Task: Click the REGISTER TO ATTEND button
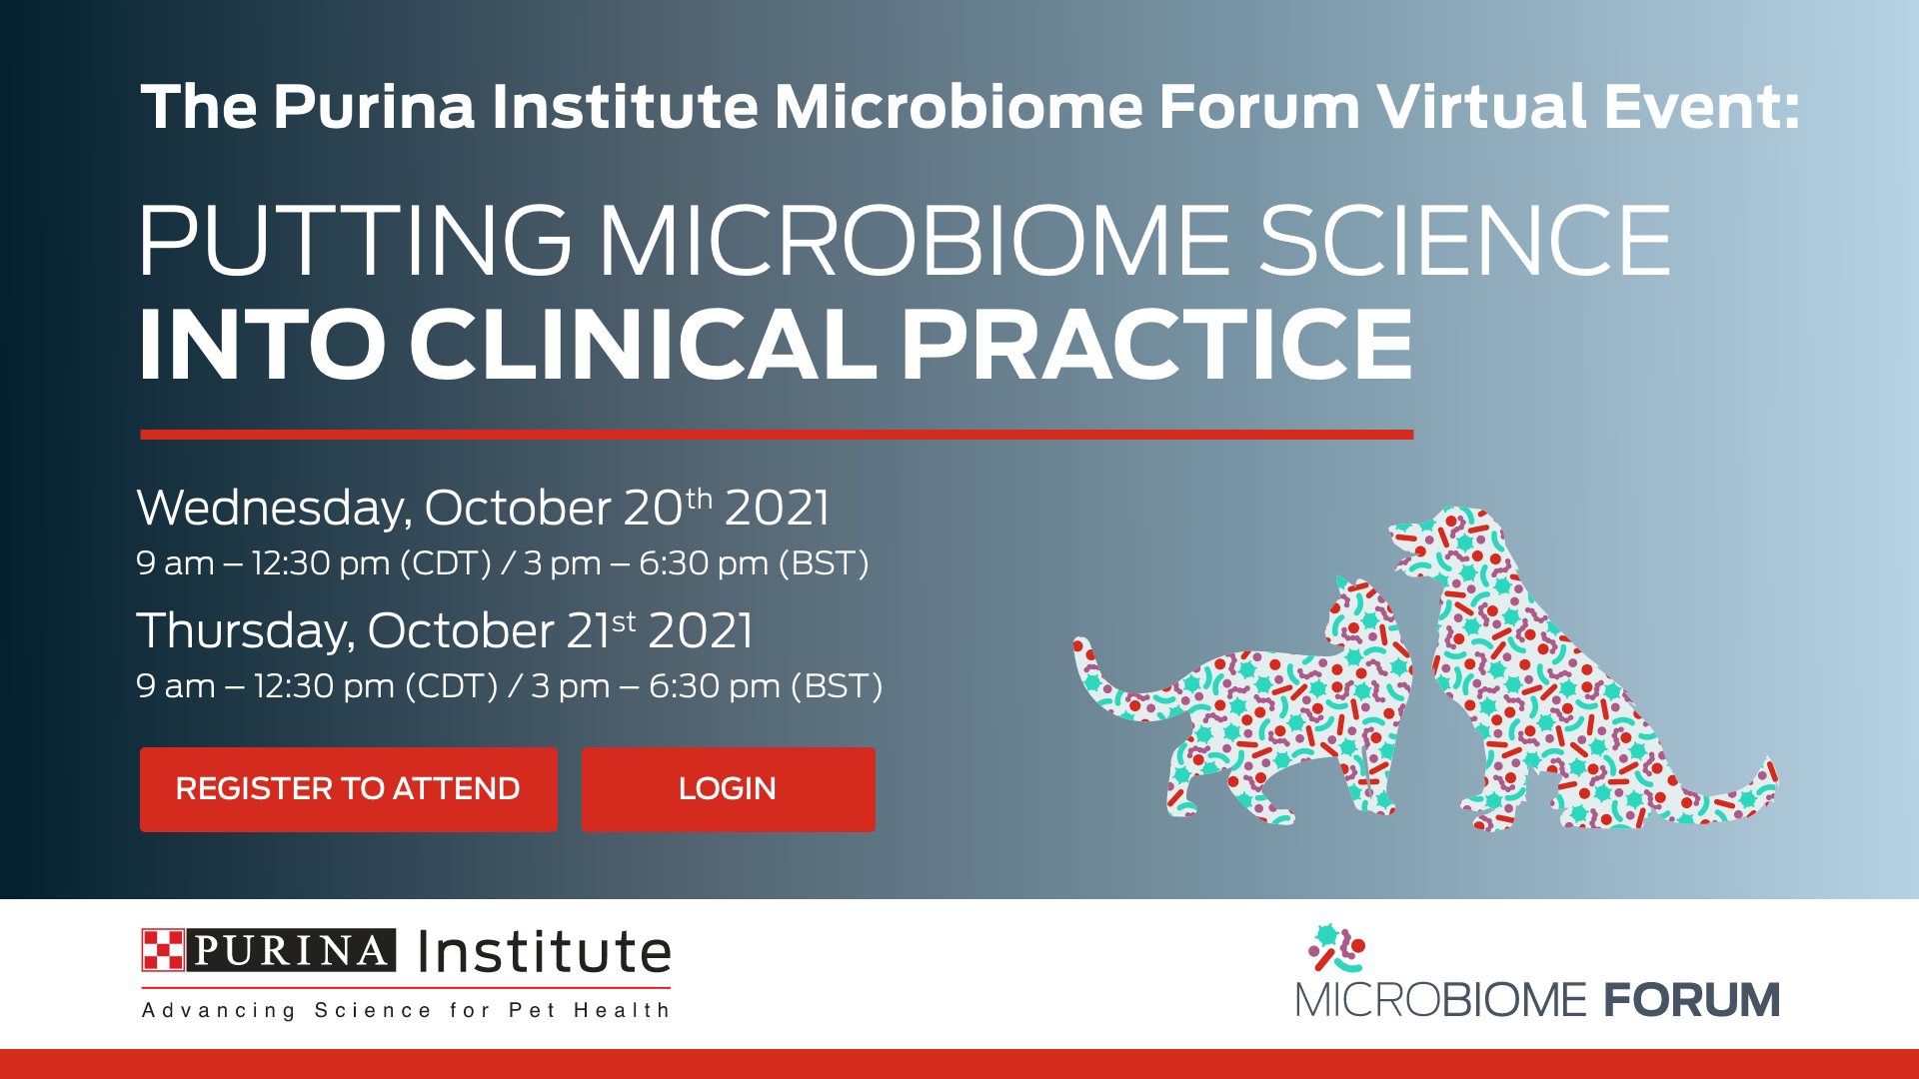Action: point(348,789)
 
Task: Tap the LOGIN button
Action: point(728,789)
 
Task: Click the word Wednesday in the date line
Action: point(274,509)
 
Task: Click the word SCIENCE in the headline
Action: point(1464,241)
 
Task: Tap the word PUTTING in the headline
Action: point(355,241)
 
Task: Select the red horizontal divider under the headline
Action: point(777,435)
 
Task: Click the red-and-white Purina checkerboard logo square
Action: point(163,950)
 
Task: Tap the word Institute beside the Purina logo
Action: point(545,951)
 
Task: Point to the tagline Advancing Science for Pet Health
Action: point(406,1010)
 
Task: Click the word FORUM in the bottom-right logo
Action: point(1692,1000)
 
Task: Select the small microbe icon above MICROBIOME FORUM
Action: point(1337,948)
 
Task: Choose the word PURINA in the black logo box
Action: point(291,950)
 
